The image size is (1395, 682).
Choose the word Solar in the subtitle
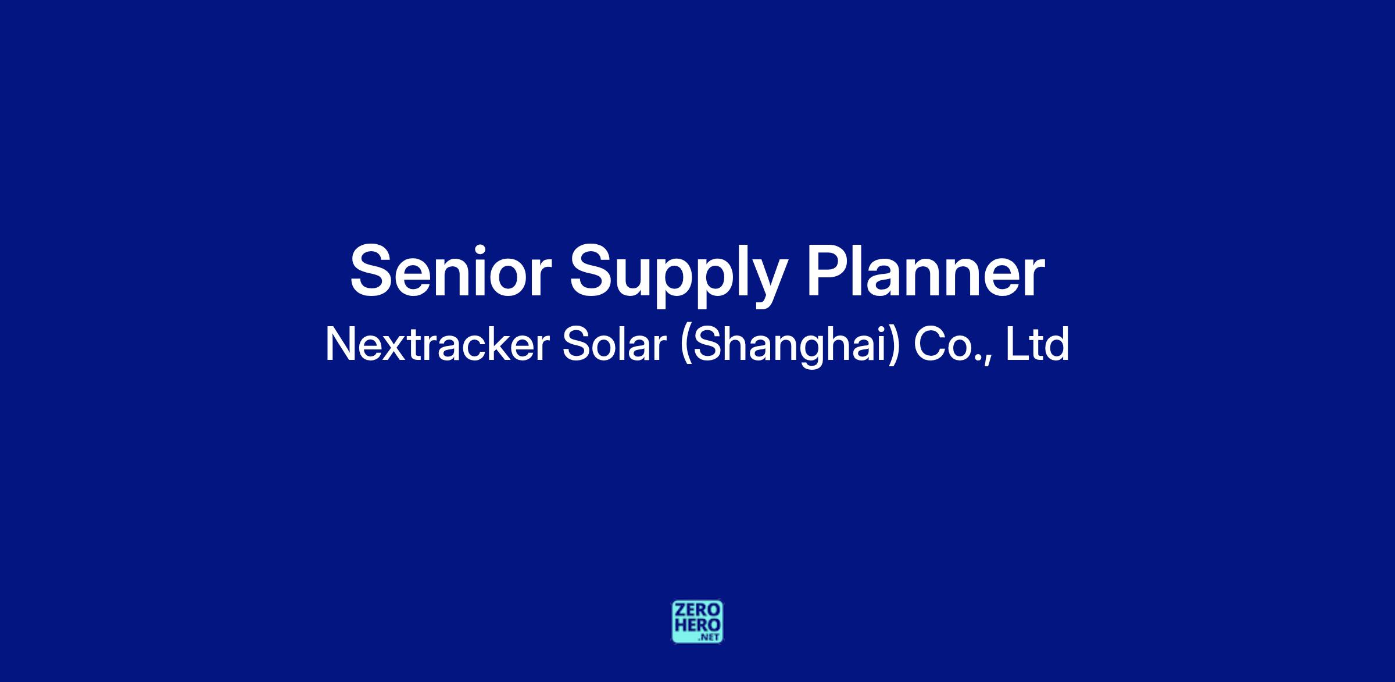[x=614, y=344]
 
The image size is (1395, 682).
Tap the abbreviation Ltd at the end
[x=1037, y=344]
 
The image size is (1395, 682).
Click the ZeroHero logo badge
[x=697, y=622]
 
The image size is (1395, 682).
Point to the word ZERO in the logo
[x=697, y=611]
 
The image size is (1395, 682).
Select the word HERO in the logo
[x=697, y=625]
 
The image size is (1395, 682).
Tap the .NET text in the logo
[x=710, y=637]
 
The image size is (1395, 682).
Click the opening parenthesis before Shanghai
[x=686, y=347]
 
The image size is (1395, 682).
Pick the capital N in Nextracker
[x=340, y=344]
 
